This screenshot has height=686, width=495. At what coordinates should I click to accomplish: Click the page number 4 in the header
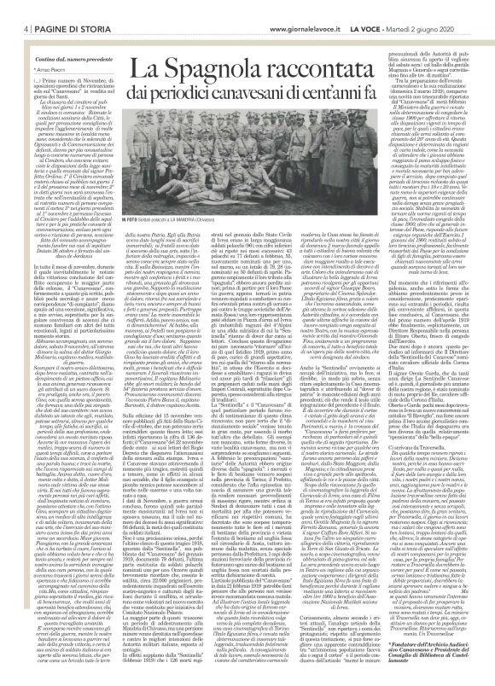(15, 8)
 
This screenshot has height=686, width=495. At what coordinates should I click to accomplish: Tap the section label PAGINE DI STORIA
(56, 8)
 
